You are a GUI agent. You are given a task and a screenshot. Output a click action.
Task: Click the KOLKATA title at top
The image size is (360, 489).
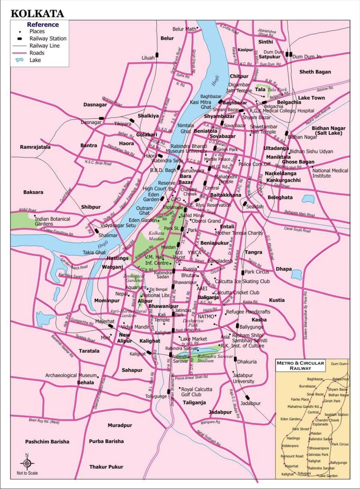click(37, 14)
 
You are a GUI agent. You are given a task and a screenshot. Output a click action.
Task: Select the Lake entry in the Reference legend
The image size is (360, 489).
click(35, 60)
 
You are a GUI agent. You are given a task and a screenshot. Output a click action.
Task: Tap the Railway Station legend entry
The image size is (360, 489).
click(48, 38)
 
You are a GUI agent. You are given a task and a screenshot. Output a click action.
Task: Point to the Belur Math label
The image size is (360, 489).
click(184, 29)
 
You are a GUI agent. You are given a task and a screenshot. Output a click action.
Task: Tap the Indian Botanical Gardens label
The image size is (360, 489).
click(52, 221)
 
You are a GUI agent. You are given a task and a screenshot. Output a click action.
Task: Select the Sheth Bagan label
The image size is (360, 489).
click(315, 72)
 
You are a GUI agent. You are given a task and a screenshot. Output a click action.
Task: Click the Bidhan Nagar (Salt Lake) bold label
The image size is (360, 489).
click(328, 130)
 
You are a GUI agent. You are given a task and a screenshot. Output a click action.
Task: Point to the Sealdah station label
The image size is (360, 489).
click(255, 207)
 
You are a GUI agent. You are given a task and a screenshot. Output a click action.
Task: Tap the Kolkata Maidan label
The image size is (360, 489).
click(156, 236)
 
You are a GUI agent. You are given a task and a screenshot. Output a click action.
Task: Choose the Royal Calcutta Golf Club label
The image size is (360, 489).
click(196, 392)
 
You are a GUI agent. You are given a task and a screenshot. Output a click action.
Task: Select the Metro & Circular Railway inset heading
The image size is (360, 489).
click(300, 365)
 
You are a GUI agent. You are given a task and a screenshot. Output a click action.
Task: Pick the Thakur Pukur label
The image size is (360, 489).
click(106, 467)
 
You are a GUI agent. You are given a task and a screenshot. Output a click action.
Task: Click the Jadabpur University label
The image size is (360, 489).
click(243, 378)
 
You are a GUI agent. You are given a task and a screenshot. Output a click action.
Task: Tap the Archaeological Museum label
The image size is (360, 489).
click(71, 375)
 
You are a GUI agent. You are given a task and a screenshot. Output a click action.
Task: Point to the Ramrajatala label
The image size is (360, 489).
click(35, 147)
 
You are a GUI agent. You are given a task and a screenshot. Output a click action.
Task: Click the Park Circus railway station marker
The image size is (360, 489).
click(242, 272)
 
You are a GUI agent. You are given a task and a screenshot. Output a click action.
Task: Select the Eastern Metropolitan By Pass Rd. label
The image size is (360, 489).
click(306, 315)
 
